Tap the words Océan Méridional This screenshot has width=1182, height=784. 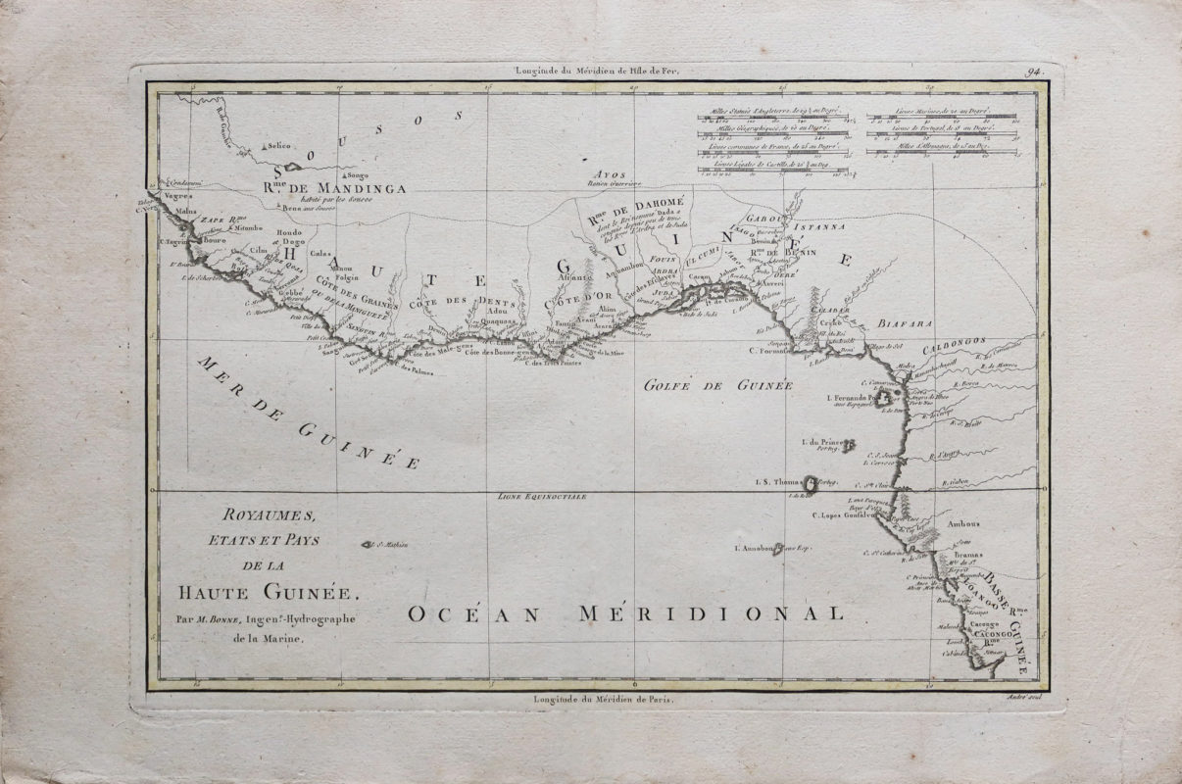[625, 613]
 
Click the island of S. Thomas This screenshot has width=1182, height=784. [810, 482]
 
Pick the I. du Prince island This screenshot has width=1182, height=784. [848, 445]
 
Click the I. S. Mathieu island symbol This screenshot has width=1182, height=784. [368, 545]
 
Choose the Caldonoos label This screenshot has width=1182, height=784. [953, 348]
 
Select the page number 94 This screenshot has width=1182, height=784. [1033, 70]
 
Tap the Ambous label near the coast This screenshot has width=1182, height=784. [966, 524]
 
